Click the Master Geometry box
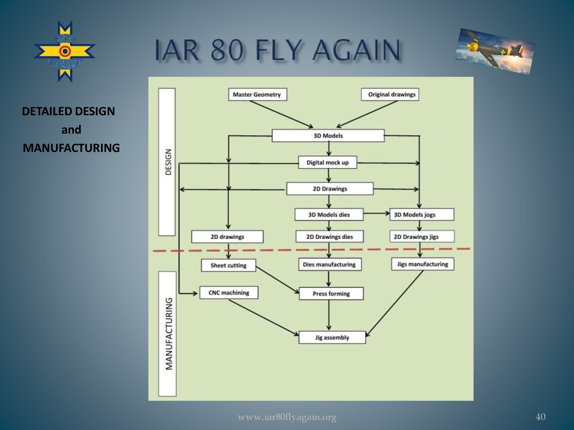(257, 94)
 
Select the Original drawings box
(390, 94)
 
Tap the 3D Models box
(328, 136)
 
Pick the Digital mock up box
(327, 163)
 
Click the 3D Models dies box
(329, 214)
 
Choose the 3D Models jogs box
(422, 214)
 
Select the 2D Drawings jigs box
(422, 236)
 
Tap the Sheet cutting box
(228, 265)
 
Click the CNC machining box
(229, 293)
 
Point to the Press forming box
(331, 294)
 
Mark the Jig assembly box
(332, 337)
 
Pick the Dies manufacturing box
(329, 264)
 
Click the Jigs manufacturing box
(422, 264)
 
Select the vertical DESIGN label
(168, 162)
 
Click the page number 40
(540, 417)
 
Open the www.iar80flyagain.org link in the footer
(287, 417)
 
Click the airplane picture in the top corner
(495, 51)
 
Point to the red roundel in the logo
(65, 52)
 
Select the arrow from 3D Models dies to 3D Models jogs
(376, 214)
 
